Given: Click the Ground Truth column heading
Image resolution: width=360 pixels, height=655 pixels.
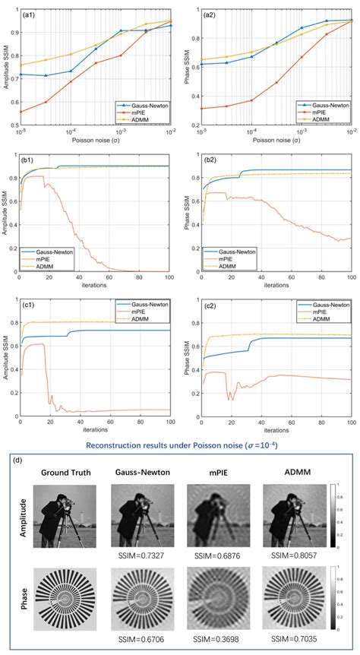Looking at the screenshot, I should point(65,472).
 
